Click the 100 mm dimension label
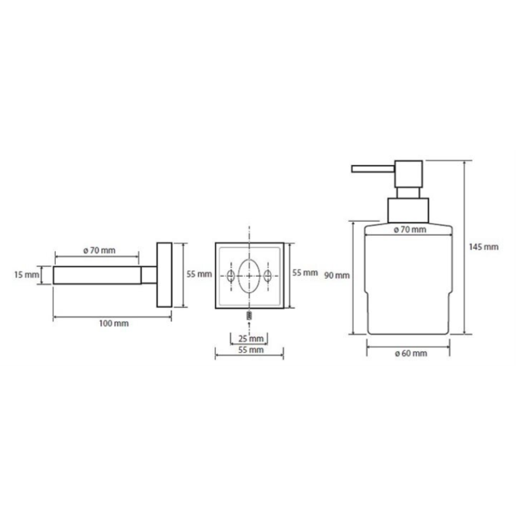coord(114,324)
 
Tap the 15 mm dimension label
coord(27,275)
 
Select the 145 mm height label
coord(483,247)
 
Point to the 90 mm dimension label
coord(336,276)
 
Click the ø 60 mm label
coord(411,353)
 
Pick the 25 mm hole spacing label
coord(251,338)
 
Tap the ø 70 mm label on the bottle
coord(410,230)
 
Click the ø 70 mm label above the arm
coord(99,250)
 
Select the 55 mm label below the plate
coord(251,350)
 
